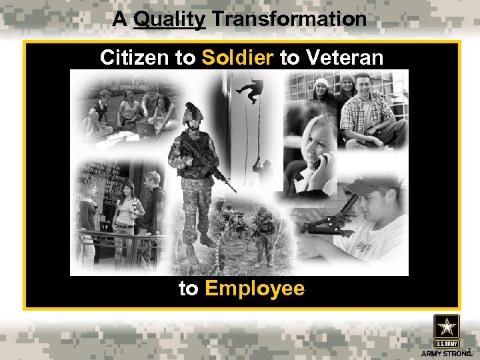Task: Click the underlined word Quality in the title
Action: coord(169,19)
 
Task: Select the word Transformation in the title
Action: coord(289,19)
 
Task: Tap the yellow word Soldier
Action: coord(237,58)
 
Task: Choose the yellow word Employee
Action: coord(255,289)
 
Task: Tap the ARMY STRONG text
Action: coord(445,353)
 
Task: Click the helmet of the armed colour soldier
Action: coord(192,111)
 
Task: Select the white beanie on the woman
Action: coord(321,83)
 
